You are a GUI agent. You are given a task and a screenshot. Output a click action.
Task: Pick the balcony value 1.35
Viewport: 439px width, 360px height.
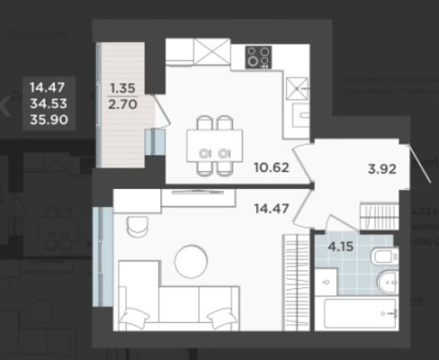[x=123, y=89]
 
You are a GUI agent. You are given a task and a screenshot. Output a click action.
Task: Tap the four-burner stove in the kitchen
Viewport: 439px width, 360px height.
[x=260, y=56]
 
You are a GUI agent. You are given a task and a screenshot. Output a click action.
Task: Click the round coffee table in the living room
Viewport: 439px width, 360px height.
[x=191, y=261]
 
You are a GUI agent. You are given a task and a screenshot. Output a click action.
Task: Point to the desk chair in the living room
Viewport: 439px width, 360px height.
[x=139, y=225]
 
